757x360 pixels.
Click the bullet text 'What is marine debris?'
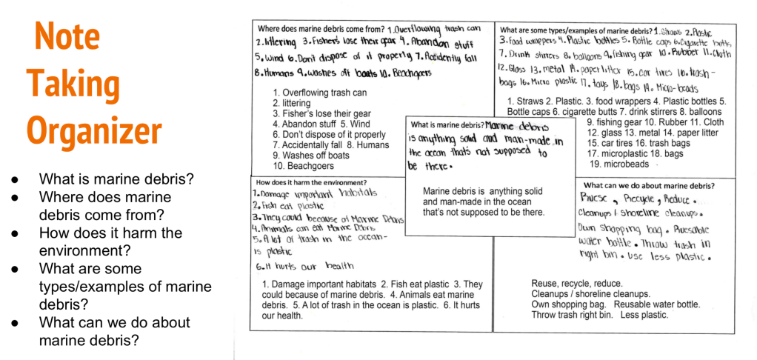[116, 179]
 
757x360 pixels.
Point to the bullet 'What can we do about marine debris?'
[115, 331]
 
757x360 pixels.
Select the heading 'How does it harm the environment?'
[310, 182]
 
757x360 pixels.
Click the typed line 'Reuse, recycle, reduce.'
[577, 284]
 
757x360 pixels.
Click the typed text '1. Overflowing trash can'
[319, 93]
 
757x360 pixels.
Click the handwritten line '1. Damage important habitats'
[315, 193]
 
